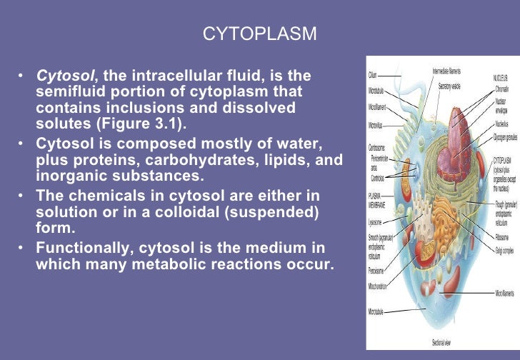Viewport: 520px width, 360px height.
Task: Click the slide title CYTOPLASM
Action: [x=259, y=34]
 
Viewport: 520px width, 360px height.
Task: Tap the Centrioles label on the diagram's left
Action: [x=379, y=178]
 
